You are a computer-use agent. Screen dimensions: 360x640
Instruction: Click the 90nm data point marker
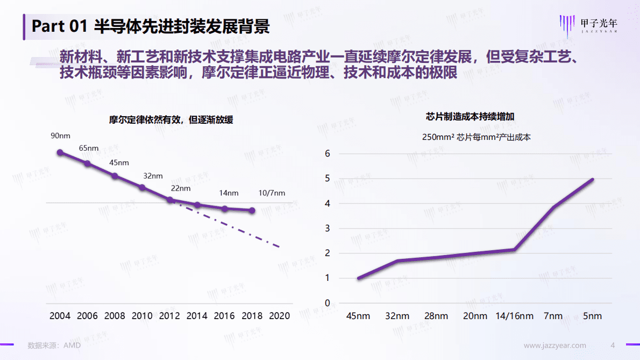[x=60, y=152]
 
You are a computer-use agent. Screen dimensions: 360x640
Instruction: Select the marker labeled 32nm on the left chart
[x=143, y=187]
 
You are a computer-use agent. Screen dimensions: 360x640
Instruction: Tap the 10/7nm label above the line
[x=272, y=193]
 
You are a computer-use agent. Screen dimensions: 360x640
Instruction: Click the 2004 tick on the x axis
[x=60, y=316]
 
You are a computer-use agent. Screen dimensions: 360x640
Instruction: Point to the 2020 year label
[x=280, y=316]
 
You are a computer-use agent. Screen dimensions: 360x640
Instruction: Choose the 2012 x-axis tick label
[x=170, y=316]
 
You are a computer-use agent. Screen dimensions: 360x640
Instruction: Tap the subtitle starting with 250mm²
[x=476, y=137]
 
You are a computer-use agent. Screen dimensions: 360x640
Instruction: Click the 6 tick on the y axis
[x=327, y=154]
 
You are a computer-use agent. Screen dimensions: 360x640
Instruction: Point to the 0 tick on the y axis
[x=327, y=303]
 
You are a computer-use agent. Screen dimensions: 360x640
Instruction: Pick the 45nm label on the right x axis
[x=358, y=316]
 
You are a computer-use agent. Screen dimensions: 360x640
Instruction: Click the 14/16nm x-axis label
[x=514, y=316]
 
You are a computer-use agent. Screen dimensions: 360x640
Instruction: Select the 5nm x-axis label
[x=593, y=316]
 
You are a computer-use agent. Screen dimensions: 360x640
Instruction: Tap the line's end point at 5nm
[x=593, y=179]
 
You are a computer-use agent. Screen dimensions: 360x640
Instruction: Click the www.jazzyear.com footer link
[x=555, y=345]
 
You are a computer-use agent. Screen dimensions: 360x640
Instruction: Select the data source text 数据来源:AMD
[x=54, y=345]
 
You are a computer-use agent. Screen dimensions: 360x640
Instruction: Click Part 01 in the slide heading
[x=60, y=26]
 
